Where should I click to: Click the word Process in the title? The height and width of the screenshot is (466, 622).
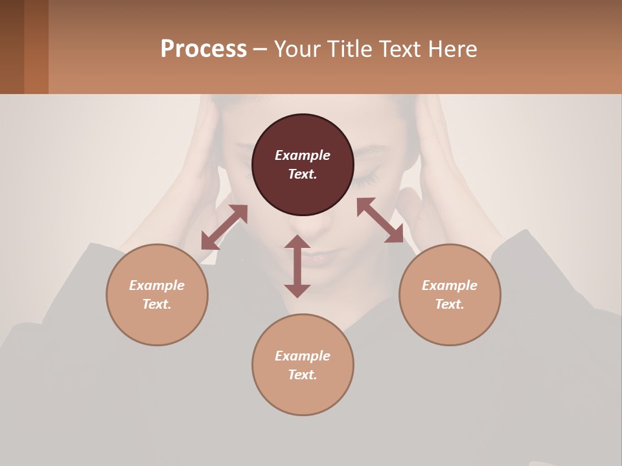[203, 49]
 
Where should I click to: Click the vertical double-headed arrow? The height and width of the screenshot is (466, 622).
[297, 266]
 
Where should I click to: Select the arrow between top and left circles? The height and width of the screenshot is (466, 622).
[224, 227]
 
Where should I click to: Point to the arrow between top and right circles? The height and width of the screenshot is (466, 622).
[380, 220]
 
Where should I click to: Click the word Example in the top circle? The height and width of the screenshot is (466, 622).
[303, 155]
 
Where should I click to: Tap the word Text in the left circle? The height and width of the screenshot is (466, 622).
[157, 304]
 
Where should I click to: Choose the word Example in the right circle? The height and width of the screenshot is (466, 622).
[450, 285]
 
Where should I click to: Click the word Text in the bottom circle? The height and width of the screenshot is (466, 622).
[303, 375]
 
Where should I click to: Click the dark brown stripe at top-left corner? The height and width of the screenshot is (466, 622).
[12, 47]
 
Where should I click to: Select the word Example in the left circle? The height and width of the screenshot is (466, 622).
[157, 285]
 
